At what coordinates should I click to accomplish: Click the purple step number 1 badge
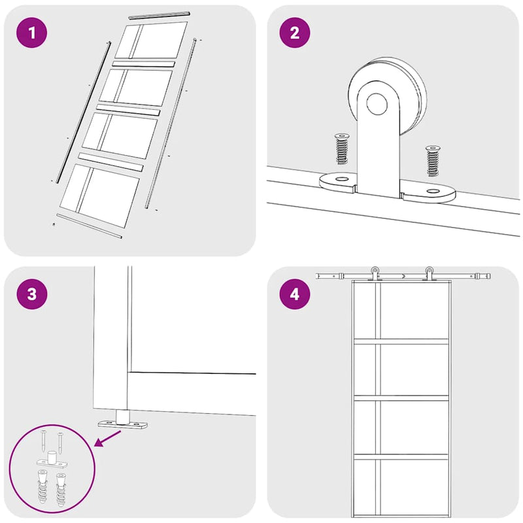(31, 33)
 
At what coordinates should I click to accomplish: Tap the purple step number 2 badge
(295, 33)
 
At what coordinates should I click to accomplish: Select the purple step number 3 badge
(31, 294)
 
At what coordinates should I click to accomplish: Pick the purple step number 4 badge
(295, 294)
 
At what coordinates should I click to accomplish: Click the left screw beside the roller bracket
(341, 148)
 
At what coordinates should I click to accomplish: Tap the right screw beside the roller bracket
(433, 161)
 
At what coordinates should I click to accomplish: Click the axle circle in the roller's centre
(377, 104)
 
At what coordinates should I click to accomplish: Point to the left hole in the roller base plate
(341, 179)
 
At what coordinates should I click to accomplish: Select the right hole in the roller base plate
(433, 191)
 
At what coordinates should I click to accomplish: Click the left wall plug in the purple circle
(42, 486)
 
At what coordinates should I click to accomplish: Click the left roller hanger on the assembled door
(375, 273)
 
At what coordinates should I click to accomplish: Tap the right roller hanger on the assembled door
(429, 273)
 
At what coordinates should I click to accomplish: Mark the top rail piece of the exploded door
(160, 15)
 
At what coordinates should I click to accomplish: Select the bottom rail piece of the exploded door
(90, 226)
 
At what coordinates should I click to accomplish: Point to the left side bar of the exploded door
(84, 112)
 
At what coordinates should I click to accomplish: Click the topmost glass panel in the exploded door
(151, 41)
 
